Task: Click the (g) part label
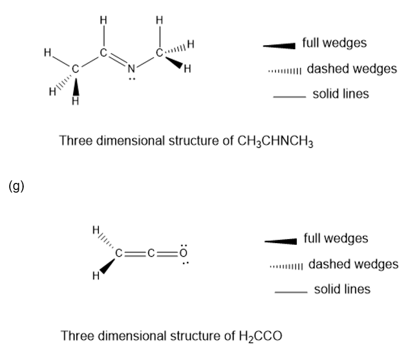coord(16,187)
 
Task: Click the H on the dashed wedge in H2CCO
coord(96,228)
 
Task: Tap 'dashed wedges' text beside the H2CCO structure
coord(353,264)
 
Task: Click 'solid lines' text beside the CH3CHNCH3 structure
coord(341,94)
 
